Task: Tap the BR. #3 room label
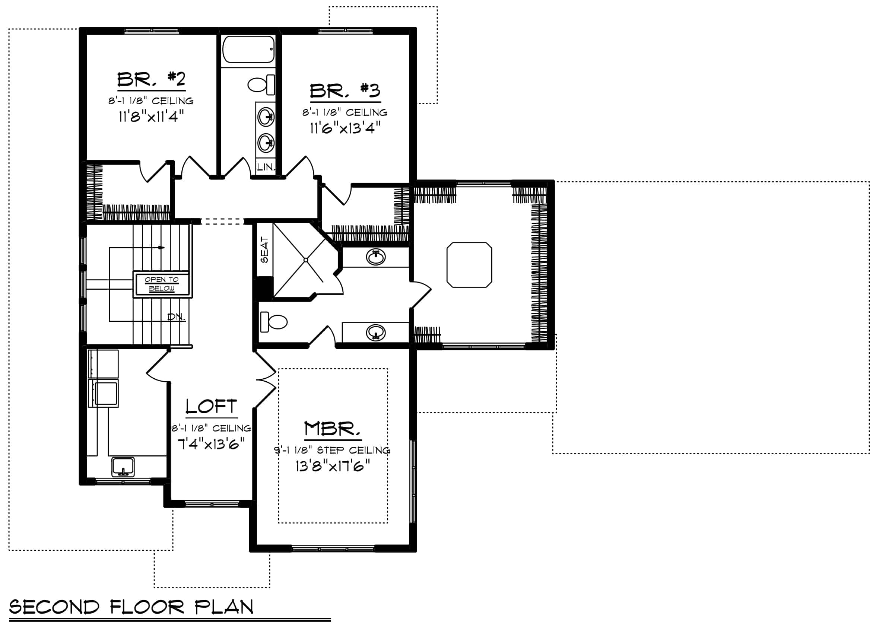tap(345, 91)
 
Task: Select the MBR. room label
tap(332, 429)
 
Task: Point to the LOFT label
tap(211, 407)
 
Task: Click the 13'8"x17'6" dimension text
tap(333, 466)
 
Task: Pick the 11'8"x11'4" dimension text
tap(151, 116)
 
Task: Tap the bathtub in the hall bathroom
tap(248, 49)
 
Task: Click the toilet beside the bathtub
tap(261, 85)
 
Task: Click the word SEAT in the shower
tap(264, 250)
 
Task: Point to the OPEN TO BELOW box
tap(162, 284)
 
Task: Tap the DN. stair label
tap(176, 317)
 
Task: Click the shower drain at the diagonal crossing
tap(306, 260)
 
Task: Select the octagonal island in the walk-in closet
tap(469, 265)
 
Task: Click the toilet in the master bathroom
tap(274, 322)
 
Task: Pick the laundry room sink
tap(123, 467)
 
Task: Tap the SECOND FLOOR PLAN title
tap(131, 607)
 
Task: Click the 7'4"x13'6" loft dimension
tap(211, 444)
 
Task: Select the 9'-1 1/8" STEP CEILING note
tap(332, 450)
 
